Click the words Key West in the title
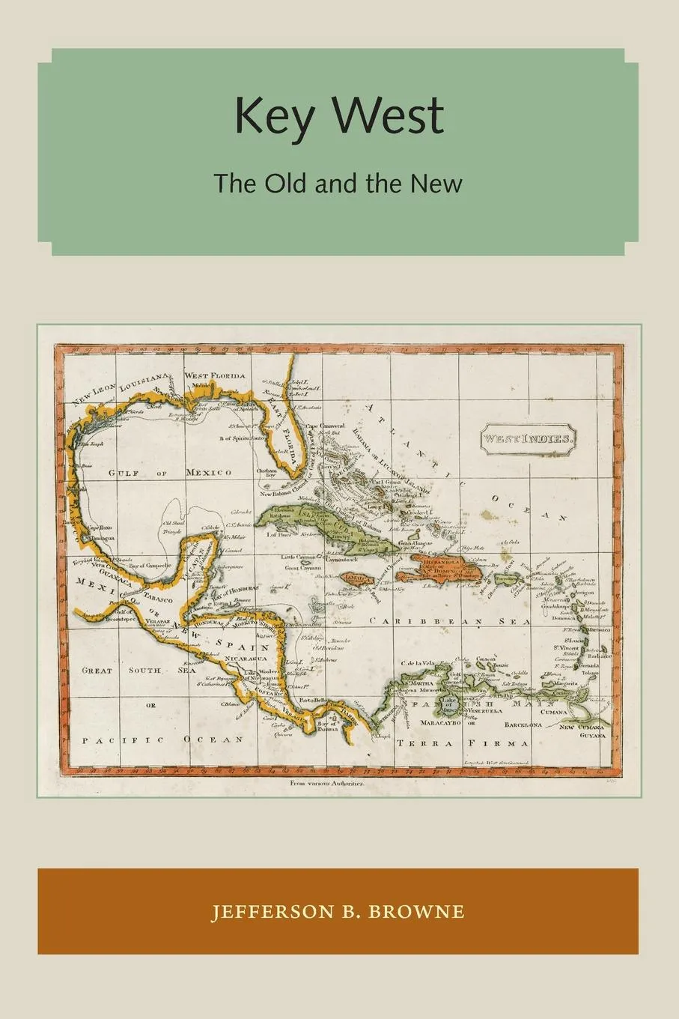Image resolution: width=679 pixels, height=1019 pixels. click(x=339, y=117)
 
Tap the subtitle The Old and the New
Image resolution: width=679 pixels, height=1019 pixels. click(x=338, y=183)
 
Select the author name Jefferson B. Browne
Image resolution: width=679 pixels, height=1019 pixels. click(x=338, y=912)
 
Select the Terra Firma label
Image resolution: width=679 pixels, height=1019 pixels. click(x=463, y=743)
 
